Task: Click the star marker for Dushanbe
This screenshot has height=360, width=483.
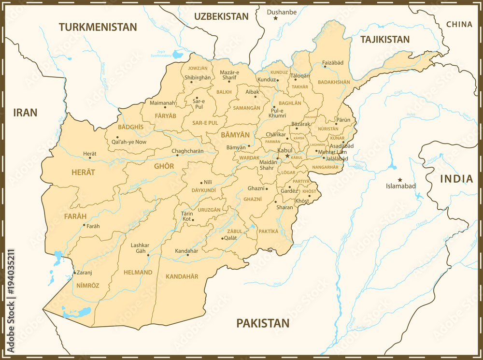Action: tap(276, 18)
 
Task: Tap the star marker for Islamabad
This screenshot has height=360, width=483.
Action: tap(400, 180)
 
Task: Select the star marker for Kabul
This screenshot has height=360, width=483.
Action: tap(287, 156)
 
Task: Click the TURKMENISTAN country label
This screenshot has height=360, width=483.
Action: tap(98, 27)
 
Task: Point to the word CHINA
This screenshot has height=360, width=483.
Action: tap(459, 24)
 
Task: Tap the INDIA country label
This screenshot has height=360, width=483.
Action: tap(456, 179)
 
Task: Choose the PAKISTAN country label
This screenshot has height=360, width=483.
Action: tap(263, 323)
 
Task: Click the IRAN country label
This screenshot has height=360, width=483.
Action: tap(25, 113)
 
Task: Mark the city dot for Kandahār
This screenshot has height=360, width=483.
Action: tap(188, 255)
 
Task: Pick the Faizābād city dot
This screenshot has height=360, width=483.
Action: tap(325, 67)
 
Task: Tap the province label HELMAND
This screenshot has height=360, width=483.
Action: tap(138, 273)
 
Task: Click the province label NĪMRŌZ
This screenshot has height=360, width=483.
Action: tap(87, 286)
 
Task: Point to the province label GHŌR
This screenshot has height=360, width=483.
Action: tap(164, 166)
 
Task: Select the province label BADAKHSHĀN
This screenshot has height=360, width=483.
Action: tap(334, 82)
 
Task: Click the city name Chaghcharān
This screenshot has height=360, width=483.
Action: tap(187, 151)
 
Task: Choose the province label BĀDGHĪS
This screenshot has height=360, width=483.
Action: tap(130, 127)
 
